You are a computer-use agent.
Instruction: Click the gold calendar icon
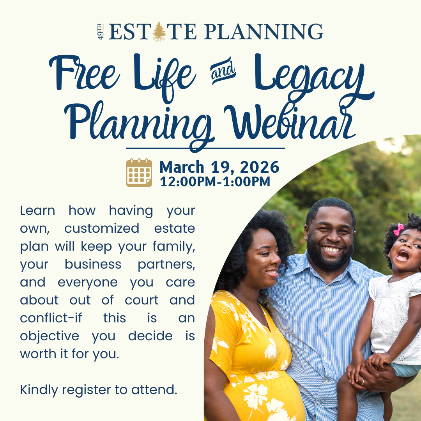coord(139,172)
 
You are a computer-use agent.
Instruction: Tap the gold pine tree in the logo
coord(159,31)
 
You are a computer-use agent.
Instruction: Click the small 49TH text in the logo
coord(101,32)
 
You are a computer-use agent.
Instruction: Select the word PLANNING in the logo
coord(263,32)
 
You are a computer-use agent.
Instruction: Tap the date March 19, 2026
coord(219,167)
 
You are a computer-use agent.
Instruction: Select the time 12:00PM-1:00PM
coord(215,182)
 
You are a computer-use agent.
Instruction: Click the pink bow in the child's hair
coord(399,229)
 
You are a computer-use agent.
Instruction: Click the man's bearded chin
coord(331,262)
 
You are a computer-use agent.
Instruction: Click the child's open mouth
coord(402,256)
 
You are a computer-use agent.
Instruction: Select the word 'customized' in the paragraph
coord(102,228)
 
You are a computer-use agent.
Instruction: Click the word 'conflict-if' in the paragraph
coord(51,318)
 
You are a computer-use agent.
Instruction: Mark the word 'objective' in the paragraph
coord(50,336)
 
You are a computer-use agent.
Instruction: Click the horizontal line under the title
coord(206,148)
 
